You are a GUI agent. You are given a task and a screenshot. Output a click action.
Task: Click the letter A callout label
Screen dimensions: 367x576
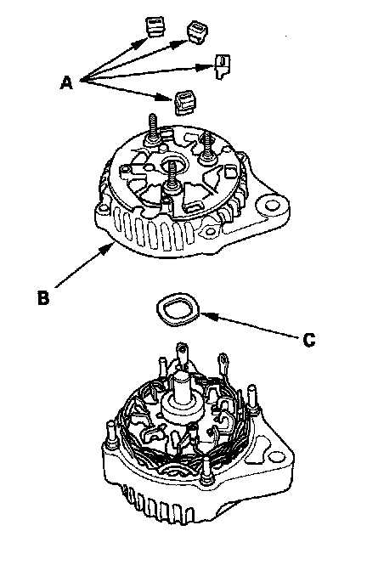(66, 82)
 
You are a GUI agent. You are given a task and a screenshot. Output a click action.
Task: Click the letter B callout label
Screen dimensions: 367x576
(43, 297)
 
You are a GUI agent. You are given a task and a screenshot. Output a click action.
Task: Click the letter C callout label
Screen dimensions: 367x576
(309, 340)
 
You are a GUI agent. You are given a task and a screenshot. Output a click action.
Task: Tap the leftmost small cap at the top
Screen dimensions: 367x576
(155, 27)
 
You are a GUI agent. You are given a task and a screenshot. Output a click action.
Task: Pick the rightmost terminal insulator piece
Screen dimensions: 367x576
(223, 66)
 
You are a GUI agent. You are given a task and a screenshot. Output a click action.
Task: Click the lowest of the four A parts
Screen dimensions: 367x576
(185, 103)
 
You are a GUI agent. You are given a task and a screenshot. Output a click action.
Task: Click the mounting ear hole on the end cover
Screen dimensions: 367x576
(272, 203)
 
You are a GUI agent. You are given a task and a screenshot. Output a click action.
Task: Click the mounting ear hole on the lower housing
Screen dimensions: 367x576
(276, 458)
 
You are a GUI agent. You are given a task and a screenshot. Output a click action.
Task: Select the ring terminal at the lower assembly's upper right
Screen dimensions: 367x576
(223, 363)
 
